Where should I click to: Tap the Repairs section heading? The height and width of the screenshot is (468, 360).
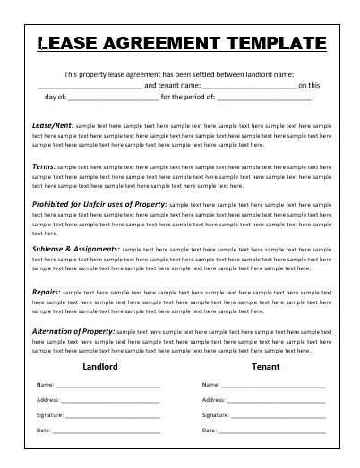pos(45,291)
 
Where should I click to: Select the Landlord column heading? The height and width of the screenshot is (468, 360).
pos(100,367)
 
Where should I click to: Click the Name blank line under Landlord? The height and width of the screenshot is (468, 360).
pos(107,385)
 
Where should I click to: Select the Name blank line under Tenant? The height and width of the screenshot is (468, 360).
pos(272,385)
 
